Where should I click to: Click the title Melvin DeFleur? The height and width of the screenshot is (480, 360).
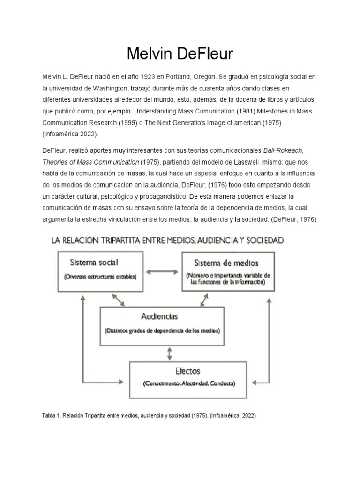coord(180,53)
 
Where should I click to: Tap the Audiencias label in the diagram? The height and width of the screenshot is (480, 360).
coord(159,316)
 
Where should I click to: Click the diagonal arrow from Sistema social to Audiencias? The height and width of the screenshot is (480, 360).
coord(117,298)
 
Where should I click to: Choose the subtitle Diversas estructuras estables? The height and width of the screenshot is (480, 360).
coord(100,277)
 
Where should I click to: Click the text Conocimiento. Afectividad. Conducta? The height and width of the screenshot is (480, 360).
coord(189,383)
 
